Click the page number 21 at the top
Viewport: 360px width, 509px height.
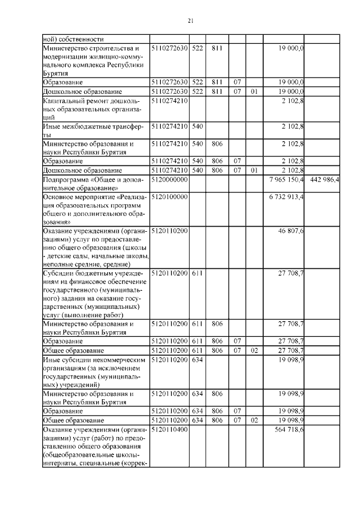(190, 21)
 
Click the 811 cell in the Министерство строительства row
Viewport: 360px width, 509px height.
(217, 49)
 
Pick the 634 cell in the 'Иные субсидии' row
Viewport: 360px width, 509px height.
(197, 358)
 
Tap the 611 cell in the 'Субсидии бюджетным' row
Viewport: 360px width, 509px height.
(197, 273)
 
